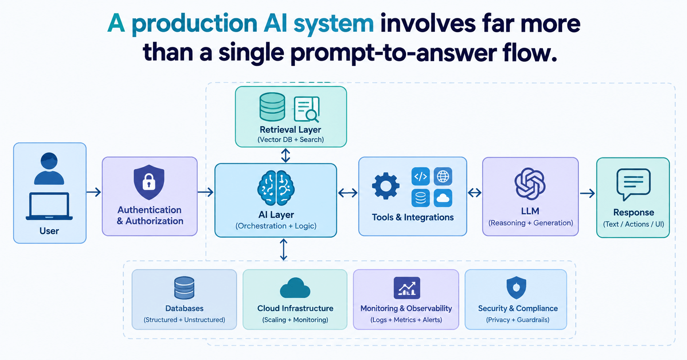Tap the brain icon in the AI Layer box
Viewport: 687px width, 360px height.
point(276,188)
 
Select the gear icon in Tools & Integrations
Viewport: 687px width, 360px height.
point(386,186)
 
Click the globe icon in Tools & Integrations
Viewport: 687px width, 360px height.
point(443,176)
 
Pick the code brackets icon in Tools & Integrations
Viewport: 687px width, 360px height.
point(421,176)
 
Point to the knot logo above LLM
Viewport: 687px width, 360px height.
point(530,184)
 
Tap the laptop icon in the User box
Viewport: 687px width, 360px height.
point(49,206)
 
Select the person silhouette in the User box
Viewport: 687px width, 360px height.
point(49,169)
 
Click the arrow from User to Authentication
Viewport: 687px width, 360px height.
point(94,192)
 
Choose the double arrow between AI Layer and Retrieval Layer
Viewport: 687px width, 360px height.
point(285,155)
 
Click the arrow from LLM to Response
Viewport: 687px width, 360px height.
point(587,193)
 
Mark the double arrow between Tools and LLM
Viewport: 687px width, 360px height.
point(475,193)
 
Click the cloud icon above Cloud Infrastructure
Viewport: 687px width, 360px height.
point(295,288)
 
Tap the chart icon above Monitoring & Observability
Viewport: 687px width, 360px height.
point(407,288)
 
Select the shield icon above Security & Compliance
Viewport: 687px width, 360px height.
point(516,288)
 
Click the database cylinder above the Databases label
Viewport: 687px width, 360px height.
point(184,288)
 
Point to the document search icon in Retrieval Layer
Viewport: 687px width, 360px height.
point(307,109)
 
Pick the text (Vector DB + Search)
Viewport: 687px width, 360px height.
point(291,140)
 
